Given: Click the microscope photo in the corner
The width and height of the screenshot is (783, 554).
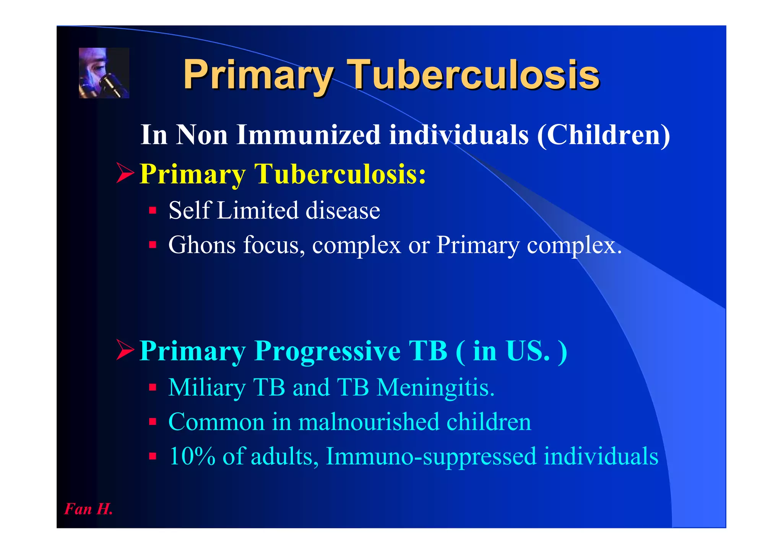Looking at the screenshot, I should [x=104, y=73].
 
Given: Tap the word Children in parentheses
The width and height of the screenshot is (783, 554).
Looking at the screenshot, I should [x=604, y=135].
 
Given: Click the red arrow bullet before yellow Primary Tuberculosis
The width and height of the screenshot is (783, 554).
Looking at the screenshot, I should [x=125, y=173].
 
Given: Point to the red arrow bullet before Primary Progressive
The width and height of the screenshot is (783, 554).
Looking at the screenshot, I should [x=125, y=350].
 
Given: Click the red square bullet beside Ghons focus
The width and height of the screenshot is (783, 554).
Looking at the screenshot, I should [x=153, y=244].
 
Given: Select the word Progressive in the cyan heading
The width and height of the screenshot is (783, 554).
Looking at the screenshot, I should [x=327, y=350].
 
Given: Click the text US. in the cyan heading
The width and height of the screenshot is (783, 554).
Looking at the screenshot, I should [x=528, y=350].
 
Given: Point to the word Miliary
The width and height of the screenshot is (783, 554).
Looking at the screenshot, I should [x=207, y=387].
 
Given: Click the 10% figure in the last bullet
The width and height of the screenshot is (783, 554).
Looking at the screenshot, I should [x=192, y=456].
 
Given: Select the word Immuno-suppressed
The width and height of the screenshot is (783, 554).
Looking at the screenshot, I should [x=431, y=456].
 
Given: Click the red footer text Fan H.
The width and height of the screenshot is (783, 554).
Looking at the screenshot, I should [x=88, y=509].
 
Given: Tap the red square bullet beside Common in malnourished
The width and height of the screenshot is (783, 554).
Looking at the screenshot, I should [x=153, y=422].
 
